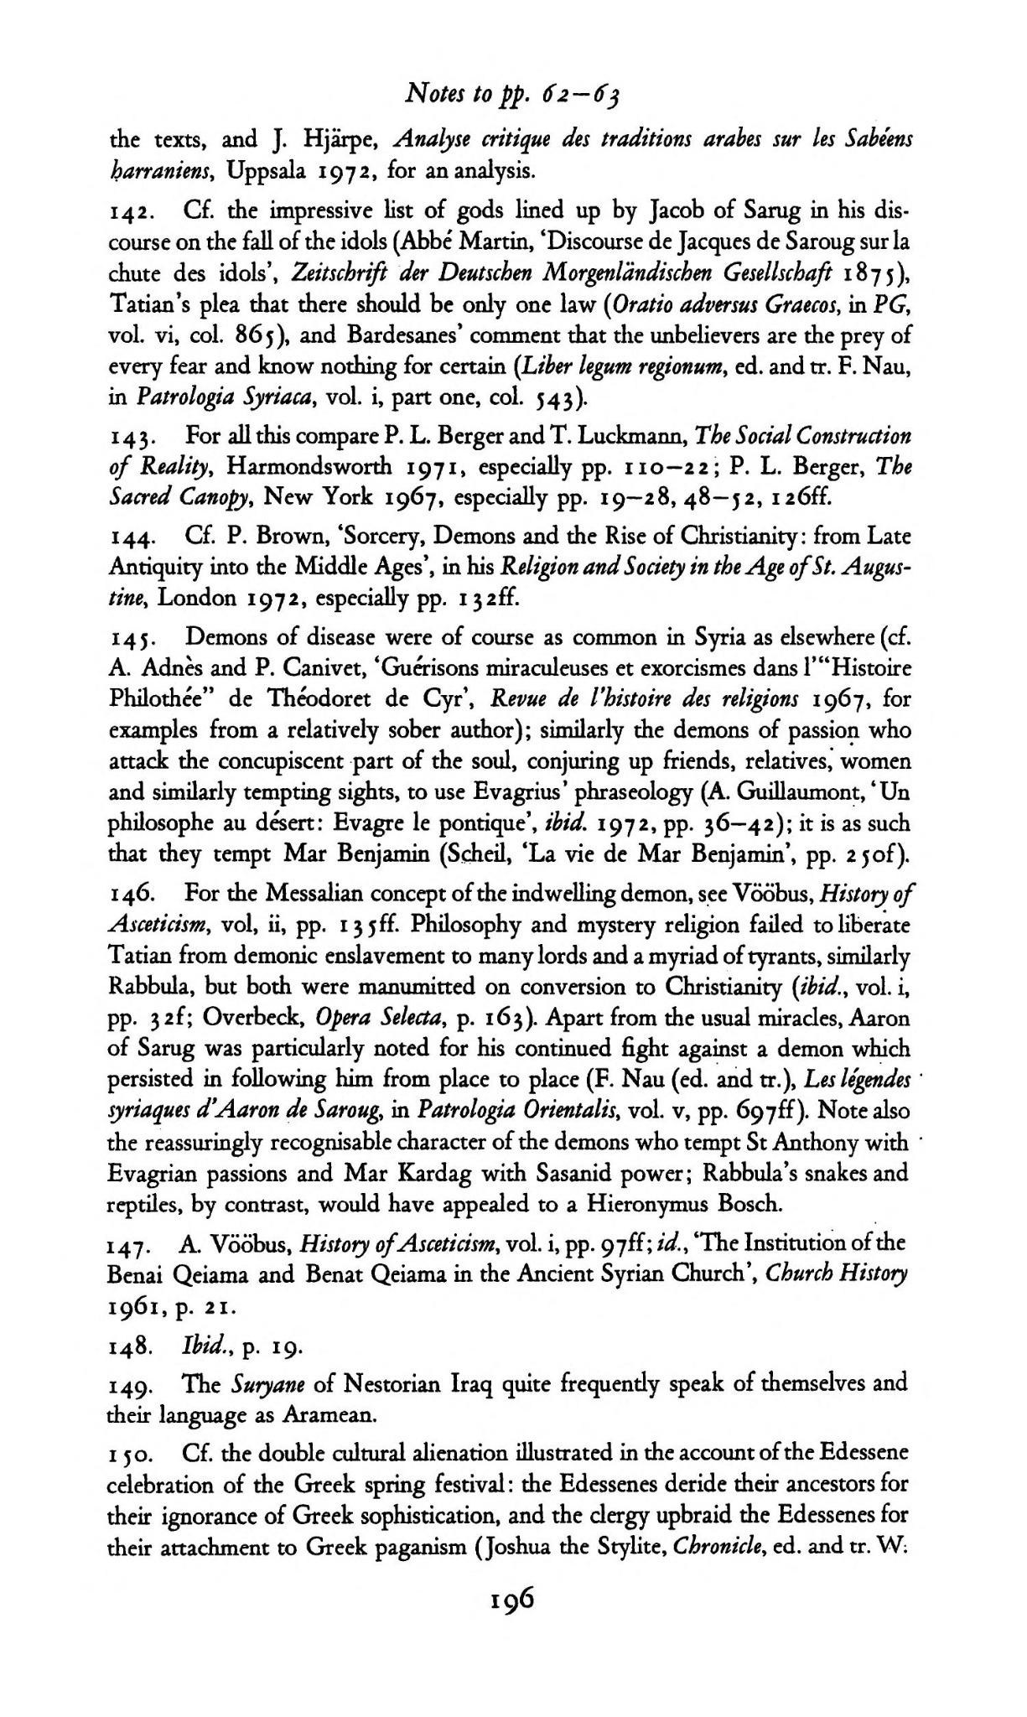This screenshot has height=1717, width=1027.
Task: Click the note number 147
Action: [129, 1244]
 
